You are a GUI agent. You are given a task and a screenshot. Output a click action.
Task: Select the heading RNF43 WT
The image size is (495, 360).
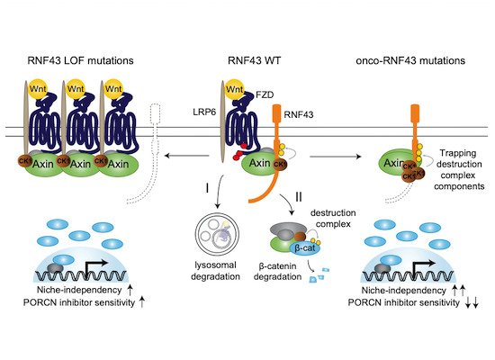pos(247,61)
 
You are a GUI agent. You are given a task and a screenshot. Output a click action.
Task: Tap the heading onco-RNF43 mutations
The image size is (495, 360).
pos(411,61)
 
